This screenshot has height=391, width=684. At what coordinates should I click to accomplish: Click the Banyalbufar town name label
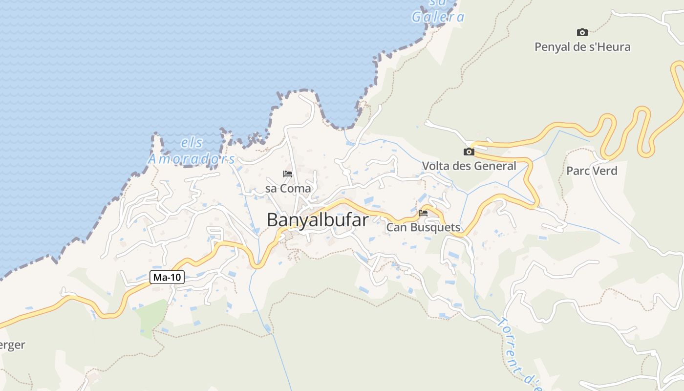[318, 220]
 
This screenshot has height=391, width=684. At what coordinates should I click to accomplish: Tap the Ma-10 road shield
[167, 278]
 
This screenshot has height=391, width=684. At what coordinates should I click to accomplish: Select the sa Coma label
[288, 188]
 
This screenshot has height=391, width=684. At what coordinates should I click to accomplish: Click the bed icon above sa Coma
[288, 174]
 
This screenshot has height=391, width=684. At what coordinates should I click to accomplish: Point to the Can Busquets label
[423, 227]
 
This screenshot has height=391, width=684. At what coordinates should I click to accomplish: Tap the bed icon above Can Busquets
[423, 213]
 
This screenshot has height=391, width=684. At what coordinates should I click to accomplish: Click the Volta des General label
[469, 166]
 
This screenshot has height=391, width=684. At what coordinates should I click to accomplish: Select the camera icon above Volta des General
[469, 152]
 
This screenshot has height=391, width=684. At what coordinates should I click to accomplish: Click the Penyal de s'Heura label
[582, 47]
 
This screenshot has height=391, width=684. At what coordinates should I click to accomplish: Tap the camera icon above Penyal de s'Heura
[582, 32]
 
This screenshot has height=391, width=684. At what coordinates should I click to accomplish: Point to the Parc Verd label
[592, 171]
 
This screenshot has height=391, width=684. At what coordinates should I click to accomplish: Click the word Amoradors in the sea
[192, 159]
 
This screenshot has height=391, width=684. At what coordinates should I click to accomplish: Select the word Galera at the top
[438, 17]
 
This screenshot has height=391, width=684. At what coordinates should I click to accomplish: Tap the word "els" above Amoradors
[192, 143]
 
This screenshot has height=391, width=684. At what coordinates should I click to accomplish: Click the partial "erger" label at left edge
[12, 345]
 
